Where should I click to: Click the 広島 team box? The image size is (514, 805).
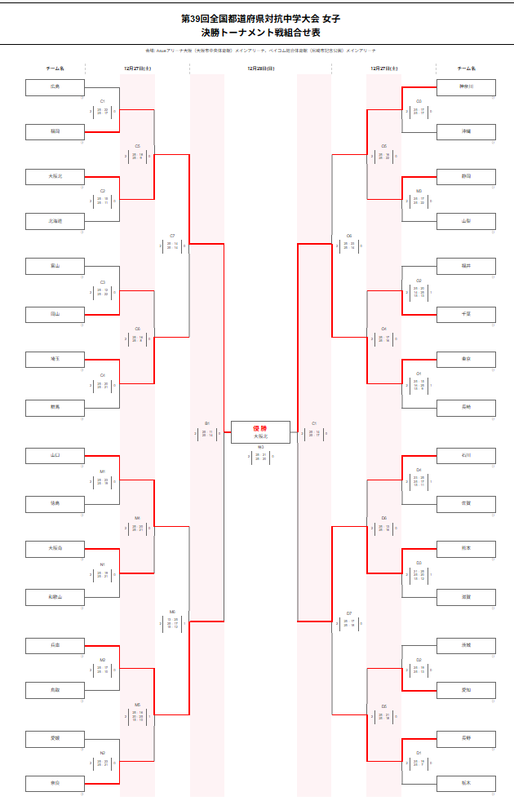pos(55,86)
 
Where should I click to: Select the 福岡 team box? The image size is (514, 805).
pos(55,130)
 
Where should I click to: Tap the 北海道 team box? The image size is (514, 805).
pos(55,221)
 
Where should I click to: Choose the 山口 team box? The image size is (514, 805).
pos(55,455)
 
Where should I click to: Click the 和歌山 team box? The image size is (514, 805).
pos(55,597)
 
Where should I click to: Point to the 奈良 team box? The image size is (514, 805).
pos(55,783)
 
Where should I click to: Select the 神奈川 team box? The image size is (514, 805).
pos(466,86)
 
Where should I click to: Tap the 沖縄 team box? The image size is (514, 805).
pos(466,130)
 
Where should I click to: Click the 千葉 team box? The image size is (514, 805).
pos(466,313)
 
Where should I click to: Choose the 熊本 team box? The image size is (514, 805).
pos(466,548)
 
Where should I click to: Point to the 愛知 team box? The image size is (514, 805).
pos(466,690)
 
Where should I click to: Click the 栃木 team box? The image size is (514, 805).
pos(466,783)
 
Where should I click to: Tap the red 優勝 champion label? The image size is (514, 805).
pos(260,428)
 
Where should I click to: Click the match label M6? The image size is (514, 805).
pos(172,612)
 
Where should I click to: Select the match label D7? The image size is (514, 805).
pos(348,613)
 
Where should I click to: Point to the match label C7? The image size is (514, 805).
pos(172,236)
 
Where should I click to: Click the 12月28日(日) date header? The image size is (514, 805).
pos(260,69)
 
